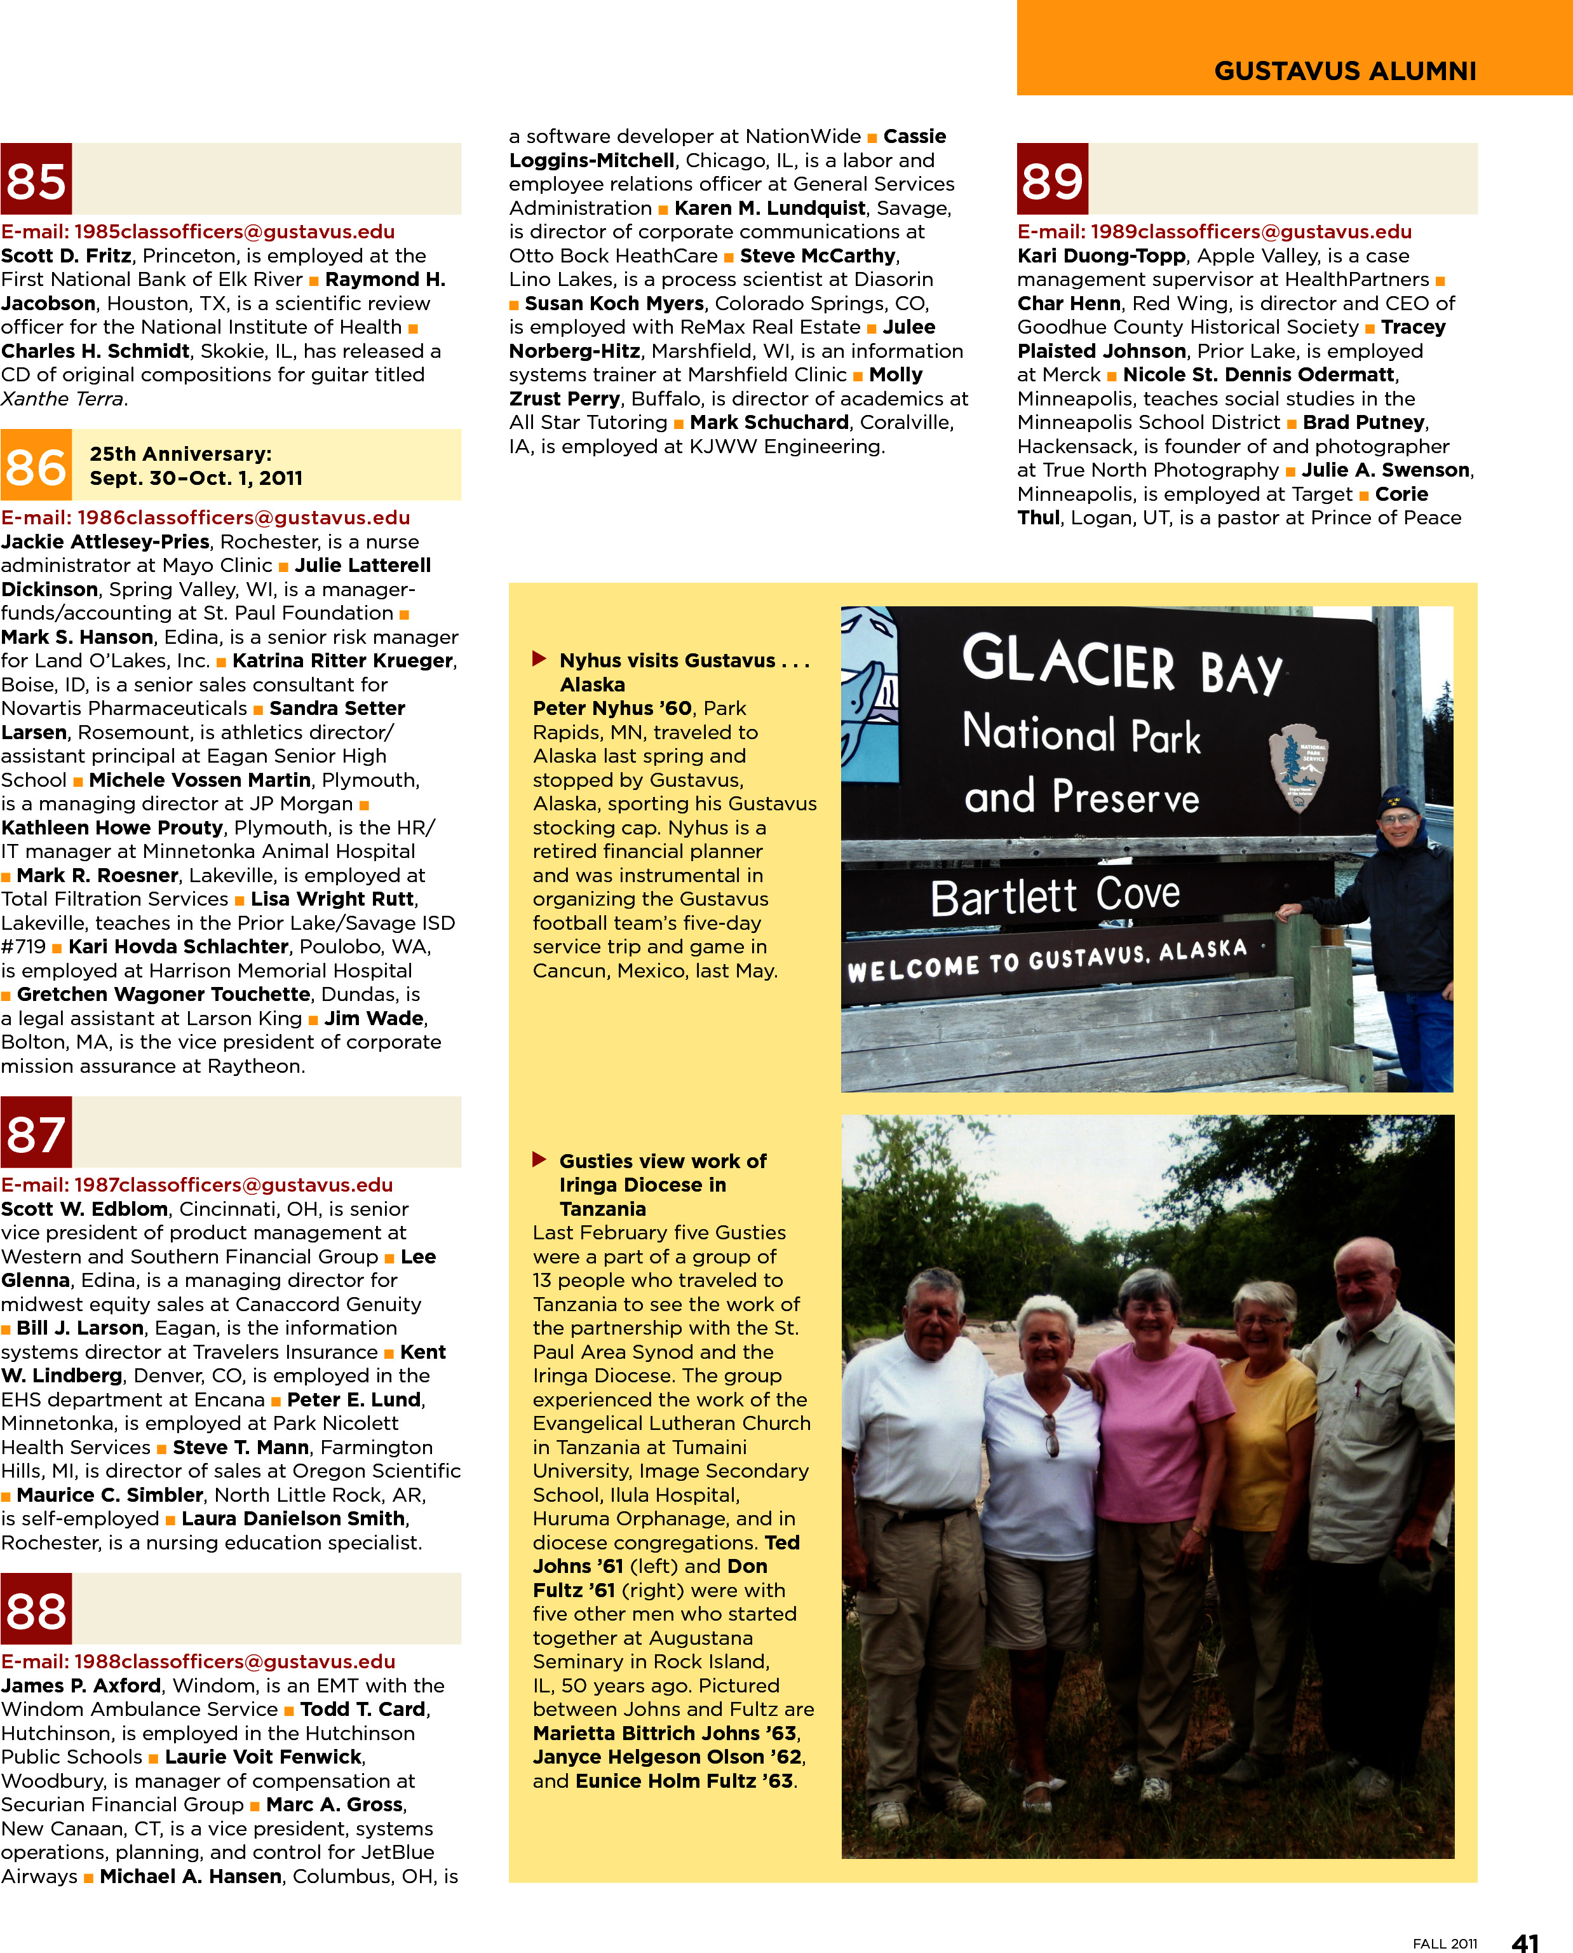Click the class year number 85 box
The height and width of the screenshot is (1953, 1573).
36,179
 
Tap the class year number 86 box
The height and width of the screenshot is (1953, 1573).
36,466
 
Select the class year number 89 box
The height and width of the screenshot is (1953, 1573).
1052,179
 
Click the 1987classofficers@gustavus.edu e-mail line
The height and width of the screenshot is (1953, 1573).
197,1185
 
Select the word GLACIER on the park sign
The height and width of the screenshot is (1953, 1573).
1069,662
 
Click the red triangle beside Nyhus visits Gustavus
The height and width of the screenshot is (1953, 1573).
539,659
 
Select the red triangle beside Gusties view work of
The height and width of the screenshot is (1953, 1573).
539,1159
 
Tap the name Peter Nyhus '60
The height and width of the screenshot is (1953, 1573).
612,709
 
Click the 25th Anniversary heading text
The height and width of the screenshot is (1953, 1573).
180,454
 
